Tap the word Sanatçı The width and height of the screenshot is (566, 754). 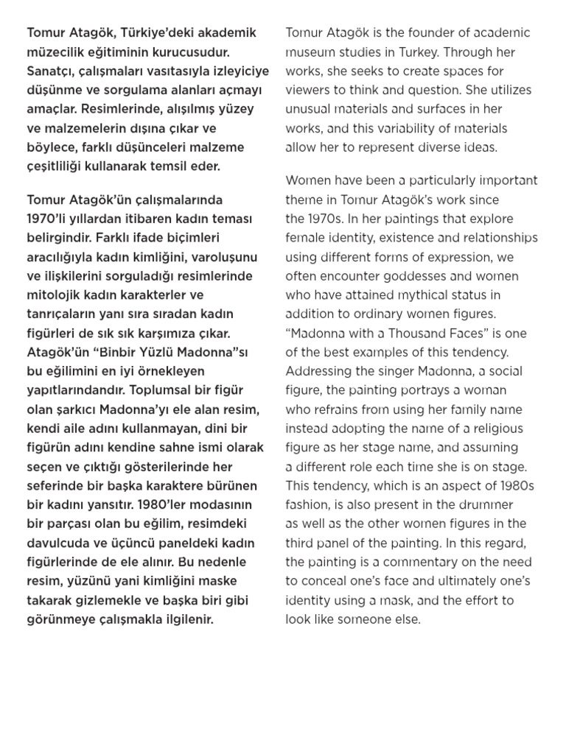tap(51, 71)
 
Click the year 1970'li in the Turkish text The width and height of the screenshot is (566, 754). tap(50, 219)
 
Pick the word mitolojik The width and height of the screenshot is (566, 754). tap(54, 295)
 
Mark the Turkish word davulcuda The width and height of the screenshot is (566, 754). tap(57, 543)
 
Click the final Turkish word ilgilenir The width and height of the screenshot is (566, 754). tap(188, 619)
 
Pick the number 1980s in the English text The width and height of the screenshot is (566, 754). tap(513, 486)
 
